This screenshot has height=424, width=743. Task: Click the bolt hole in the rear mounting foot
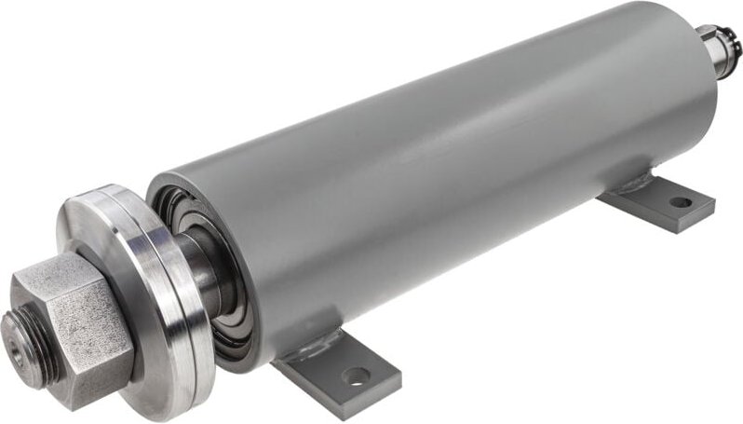(681, 201)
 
